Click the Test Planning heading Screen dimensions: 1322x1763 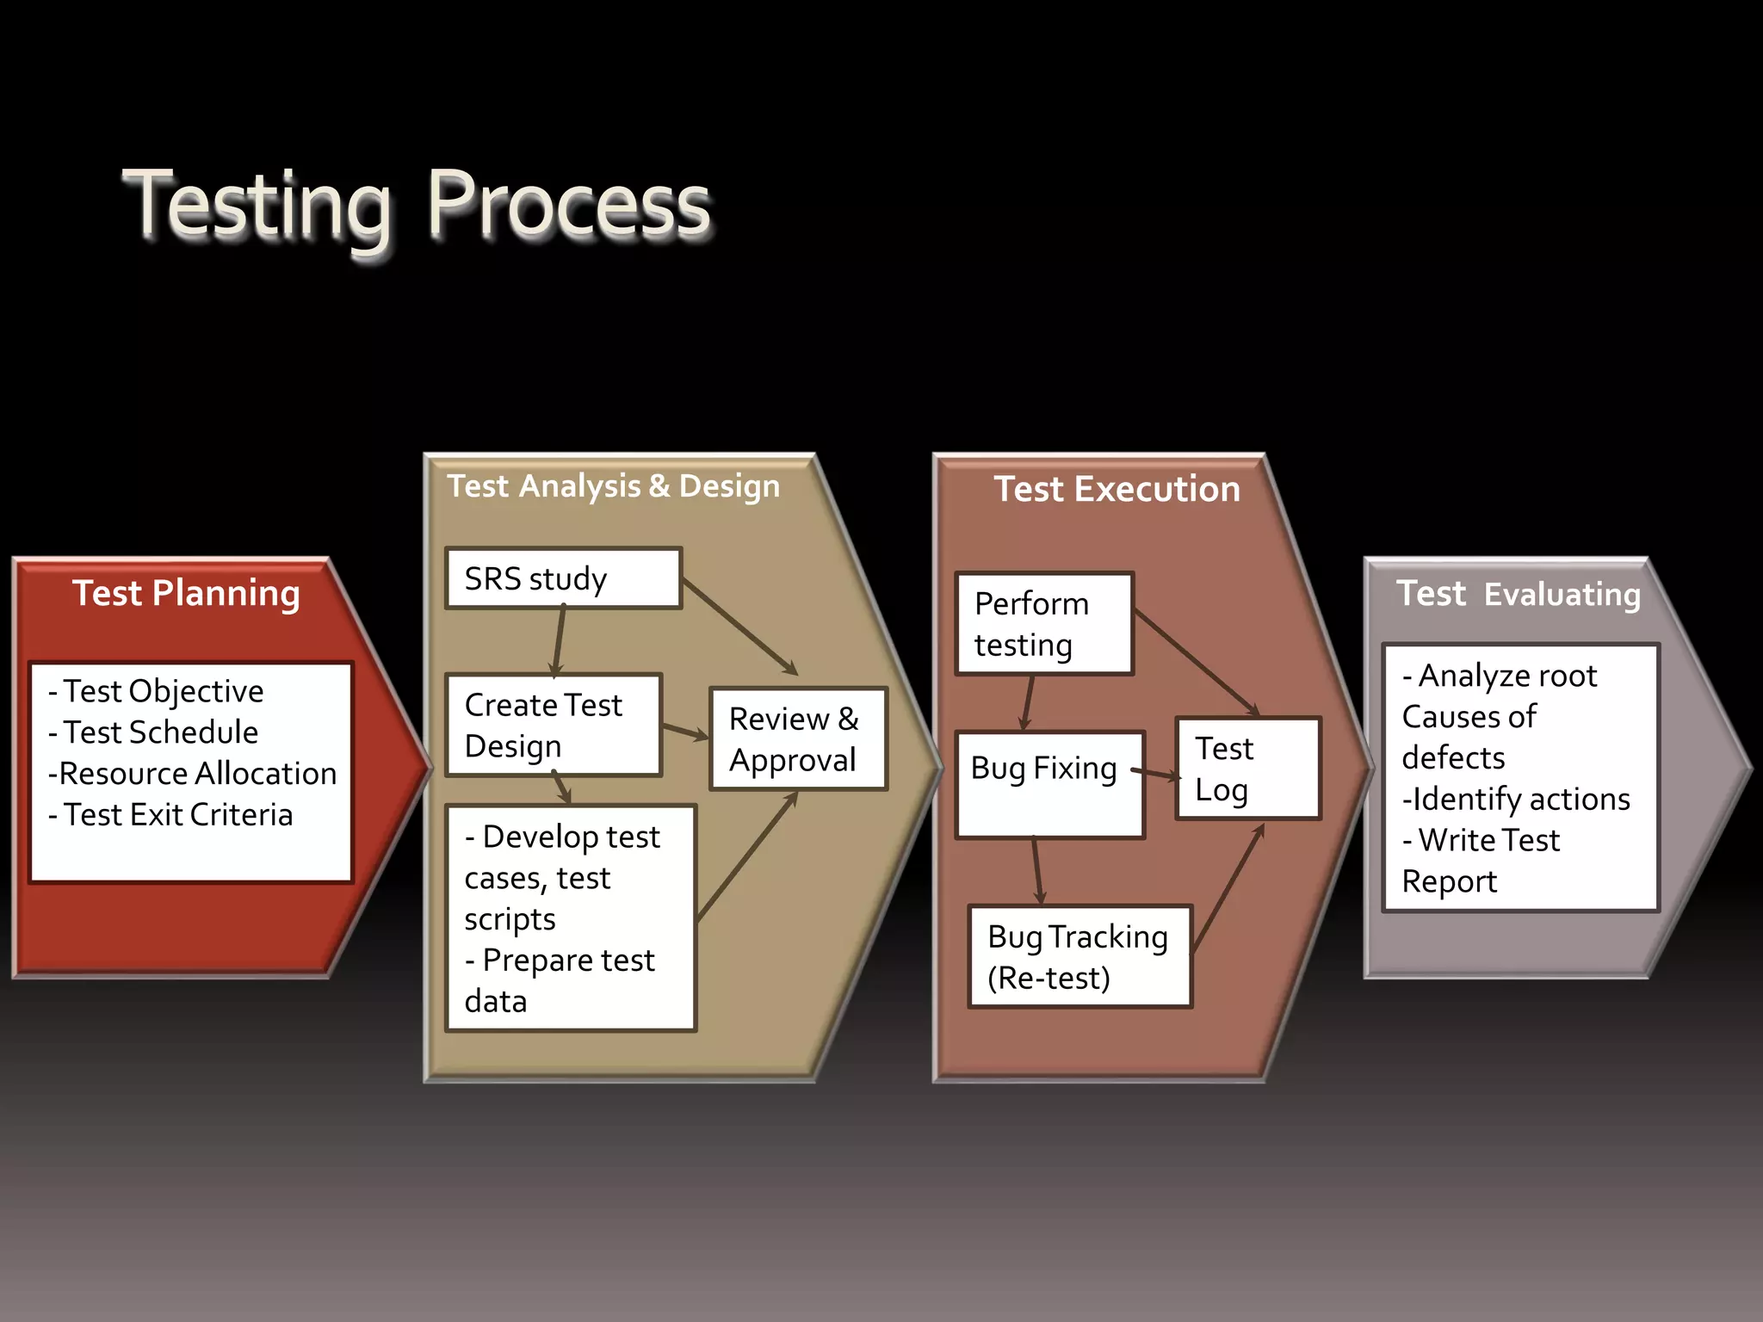point(186,593)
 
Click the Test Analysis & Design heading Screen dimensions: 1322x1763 point(613,486)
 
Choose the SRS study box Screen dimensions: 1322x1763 point(563,578)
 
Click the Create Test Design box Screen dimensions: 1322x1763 point(553,725)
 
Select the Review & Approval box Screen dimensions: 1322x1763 point(797,738)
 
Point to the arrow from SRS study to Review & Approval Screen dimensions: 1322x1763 point(740,627)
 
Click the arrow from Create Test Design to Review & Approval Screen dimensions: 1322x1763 point(685,732)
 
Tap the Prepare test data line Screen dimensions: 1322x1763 point(560,980)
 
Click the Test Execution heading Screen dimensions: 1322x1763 point(1117,489)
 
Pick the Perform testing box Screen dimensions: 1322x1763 point(1043,624)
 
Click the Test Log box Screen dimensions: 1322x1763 point(1247,769)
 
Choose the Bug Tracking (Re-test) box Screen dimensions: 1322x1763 point(1079,956)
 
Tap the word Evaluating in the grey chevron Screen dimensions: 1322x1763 point(1562,595)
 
